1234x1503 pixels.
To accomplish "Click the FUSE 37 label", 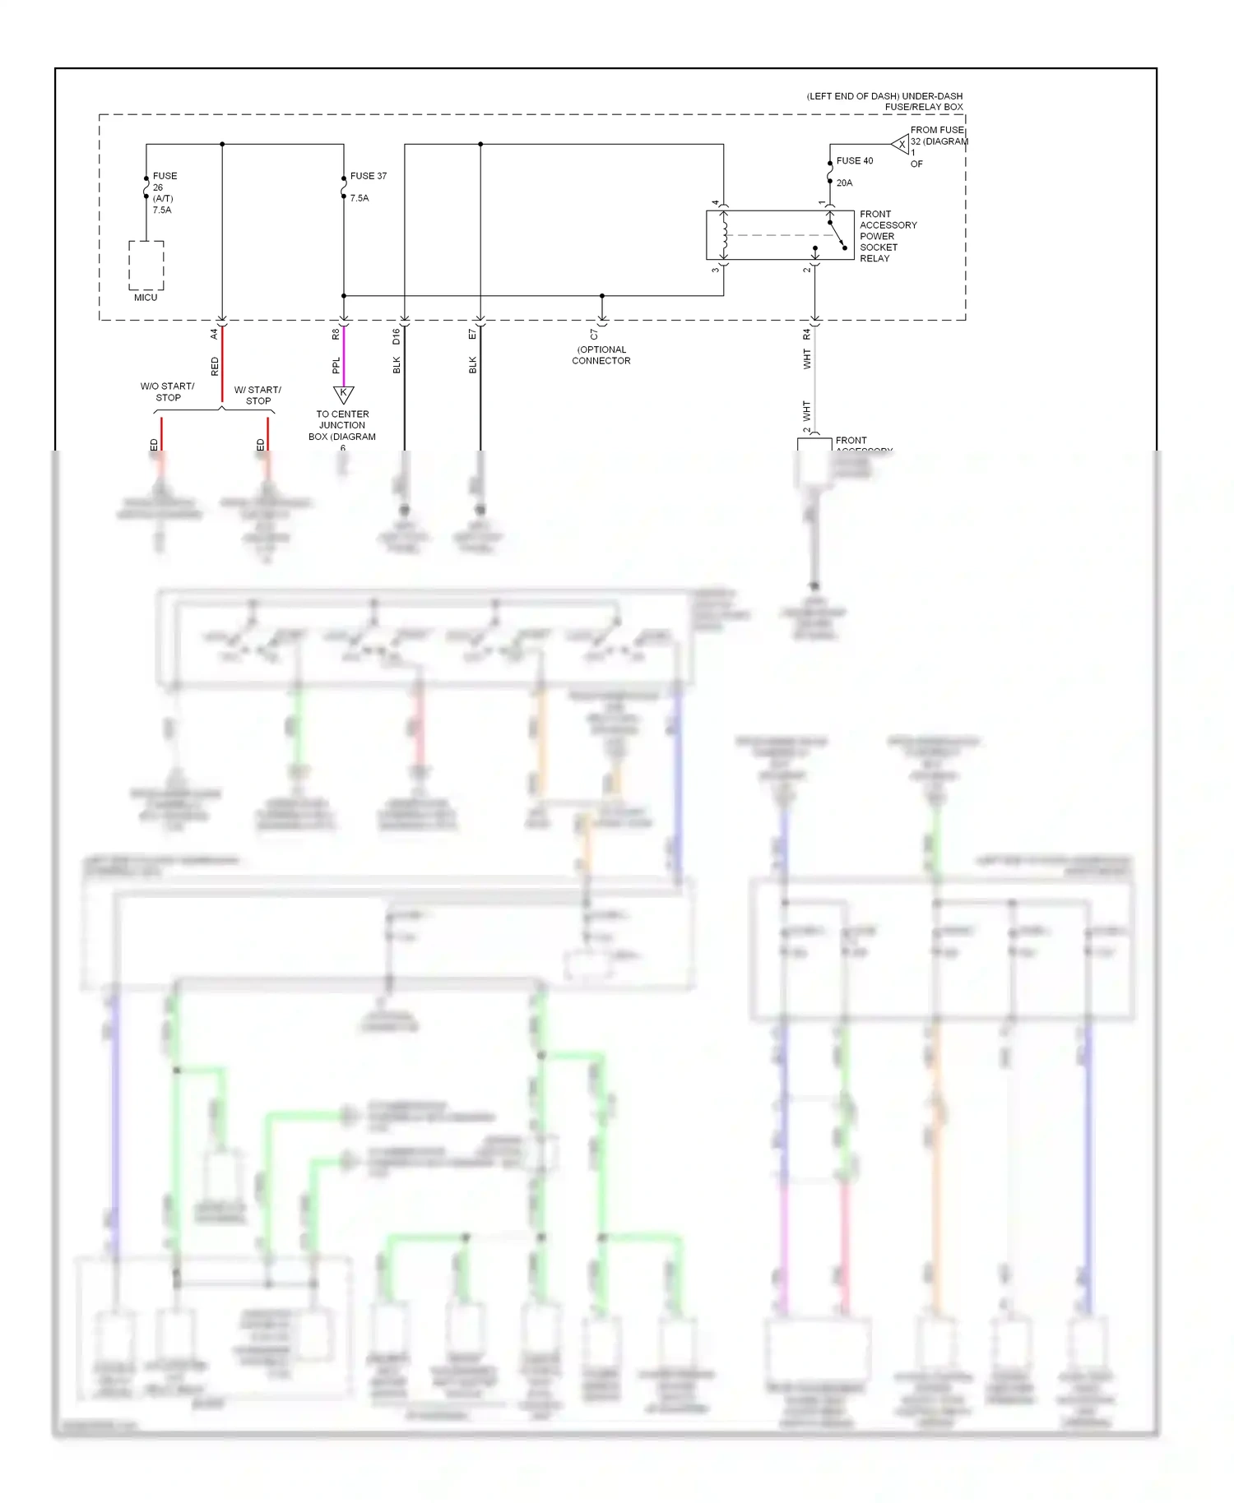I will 368,176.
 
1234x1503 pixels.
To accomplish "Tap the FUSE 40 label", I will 854,161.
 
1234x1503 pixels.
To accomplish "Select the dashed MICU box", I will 146,266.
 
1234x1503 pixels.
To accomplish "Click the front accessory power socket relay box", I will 779,235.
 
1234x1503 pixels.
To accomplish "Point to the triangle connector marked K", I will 343,394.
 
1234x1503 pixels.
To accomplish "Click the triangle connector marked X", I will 902,145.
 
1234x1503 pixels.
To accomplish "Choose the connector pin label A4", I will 214,334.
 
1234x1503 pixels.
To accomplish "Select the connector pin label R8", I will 336,334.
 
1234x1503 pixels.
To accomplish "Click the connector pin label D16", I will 396,335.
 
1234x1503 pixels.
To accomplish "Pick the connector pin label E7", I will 472,334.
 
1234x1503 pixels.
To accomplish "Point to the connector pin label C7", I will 594,335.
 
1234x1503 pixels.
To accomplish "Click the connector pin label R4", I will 807,334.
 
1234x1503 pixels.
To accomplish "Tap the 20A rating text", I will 844,183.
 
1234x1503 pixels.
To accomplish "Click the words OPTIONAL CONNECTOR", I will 601,355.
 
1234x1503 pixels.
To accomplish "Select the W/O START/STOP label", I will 168,391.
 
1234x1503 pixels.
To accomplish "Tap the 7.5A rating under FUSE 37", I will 360,198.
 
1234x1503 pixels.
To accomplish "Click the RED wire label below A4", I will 215,366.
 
